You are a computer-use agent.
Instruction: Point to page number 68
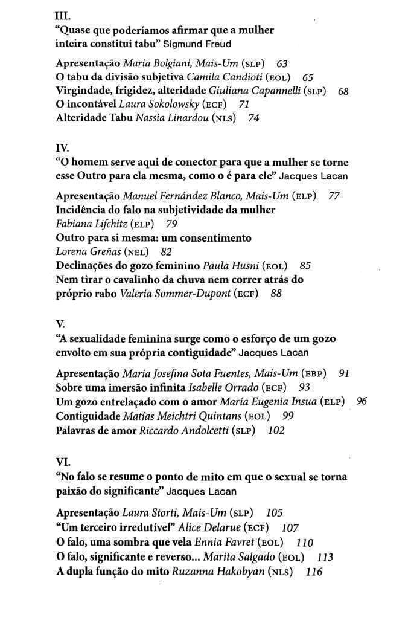(x=343, y=91)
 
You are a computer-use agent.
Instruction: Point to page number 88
(x=276, y=294)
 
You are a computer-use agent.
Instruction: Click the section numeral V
(x=60, y=324)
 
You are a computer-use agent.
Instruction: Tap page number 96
(x=362, y=401)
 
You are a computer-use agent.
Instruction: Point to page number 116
(x=314, y=572)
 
